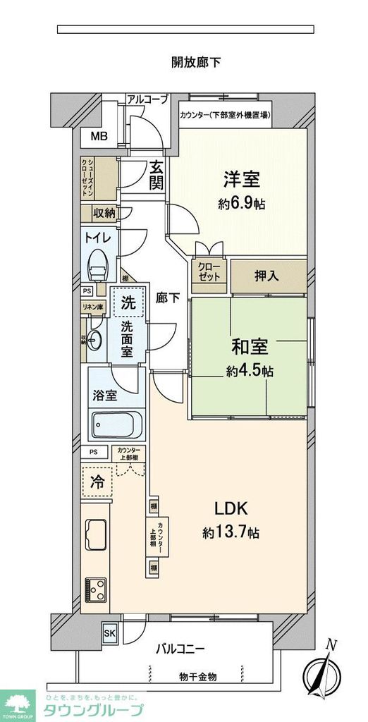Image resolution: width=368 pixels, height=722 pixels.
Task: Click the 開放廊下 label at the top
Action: click(x=197, y=62)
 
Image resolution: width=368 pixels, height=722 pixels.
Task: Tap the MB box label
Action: click(x=98, y=136)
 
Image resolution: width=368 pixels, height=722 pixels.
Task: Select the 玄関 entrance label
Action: click(x=156, y=176)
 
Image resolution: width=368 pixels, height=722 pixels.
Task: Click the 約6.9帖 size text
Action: click(x=243, y=203)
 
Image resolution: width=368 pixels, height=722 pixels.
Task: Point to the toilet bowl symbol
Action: click(x=97, y=266)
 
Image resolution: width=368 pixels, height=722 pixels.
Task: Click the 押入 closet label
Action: click(x=268, y=276)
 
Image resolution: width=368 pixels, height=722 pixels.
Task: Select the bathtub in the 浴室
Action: click(x=118, y=426)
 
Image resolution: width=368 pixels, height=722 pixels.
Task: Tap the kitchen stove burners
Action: click(x=94, y=587)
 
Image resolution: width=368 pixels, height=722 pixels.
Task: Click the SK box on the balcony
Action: click(x=110, y=632)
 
